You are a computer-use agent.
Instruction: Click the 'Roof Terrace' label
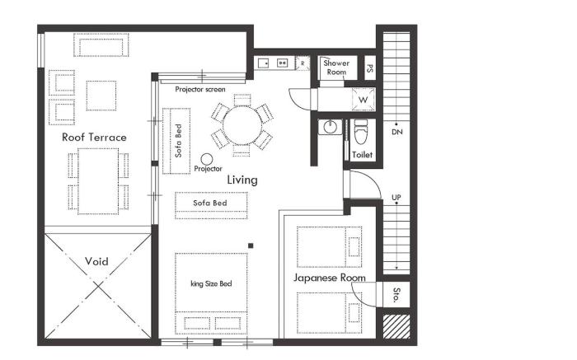(95, 138)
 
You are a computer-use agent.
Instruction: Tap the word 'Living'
(242, 180)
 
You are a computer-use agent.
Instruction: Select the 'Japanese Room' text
(330, 278)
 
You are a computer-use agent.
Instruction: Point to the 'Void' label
(96, 262)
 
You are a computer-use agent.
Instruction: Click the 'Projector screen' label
(200, 89)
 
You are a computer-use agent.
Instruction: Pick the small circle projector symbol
(207, 158)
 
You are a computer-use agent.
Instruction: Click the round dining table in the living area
(242, 126)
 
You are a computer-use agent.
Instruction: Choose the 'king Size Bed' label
(211, 284)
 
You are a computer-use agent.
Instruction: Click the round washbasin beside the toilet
(331, 128)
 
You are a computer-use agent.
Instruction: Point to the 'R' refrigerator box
(303, 63)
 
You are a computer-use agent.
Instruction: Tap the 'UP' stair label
(396, 198)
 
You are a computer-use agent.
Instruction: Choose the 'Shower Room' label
(337, 68)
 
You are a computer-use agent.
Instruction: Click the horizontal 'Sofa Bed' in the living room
(212, 203)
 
